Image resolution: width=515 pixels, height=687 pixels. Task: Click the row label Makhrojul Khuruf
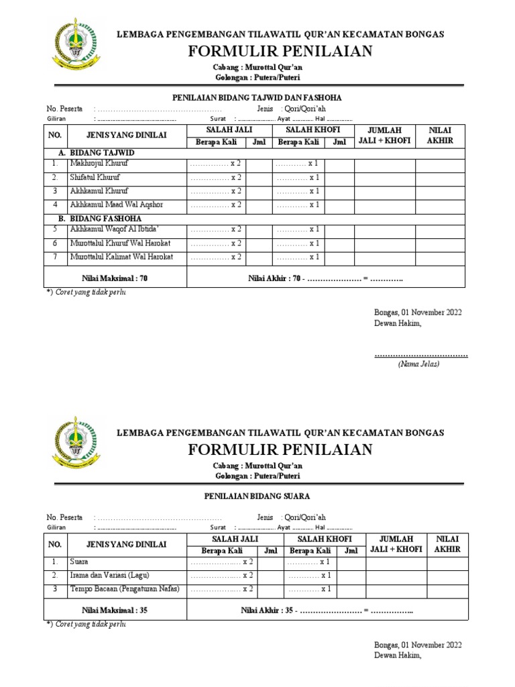click(99, 164)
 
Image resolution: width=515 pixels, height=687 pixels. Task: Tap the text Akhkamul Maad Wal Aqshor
click(116, 205)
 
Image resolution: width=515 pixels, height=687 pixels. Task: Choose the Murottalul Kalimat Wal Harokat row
click(121, 257)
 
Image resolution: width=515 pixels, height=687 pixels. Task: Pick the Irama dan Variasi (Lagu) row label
click(109, 576)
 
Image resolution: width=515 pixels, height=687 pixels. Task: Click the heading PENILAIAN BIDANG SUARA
click(257, 496)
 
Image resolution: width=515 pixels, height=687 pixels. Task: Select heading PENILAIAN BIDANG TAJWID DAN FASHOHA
click(257, 97)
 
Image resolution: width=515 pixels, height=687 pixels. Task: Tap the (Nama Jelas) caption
click(418, 364)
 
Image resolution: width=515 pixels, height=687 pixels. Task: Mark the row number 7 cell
click(56, 257)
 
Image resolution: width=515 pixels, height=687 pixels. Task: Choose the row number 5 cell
click(56, 229)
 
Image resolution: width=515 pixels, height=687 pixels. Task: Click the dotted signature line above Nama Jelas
click(420, 354)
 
